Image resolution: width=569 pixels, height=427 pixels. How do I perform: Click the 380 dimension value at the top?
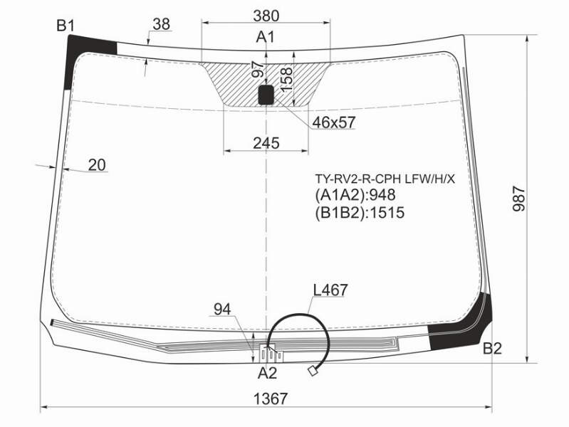266,16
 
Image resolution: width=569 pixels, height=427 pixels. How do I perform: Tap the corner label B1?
66,26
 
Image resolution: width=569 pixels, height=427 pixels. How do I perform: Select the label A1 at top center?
266,38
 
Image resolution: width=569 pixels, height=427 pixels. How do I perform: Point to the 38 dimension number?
161,24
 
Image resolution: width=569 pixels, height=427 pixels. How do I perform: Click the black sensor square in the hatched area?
266,95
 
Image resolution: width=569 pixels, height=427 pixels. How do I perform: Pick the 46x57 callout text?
333,122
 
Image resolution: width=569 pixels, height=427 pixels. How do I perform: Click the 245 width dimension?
266,143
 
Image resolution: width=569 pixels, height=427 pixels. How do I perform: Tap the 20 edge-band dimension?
97,165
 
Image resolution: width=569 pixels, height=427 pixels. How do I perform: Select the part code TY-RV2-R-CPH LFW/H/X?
385,179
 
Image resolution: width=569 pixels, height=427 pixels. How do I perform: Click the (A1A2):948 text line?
355,195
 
